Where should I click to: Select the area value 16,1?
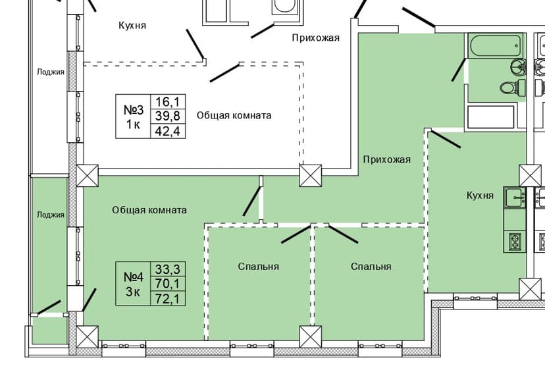167,101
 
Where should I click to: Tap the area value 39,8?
167,116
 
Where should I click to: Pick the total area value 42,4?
167,130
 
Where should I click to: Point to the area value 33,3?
167,269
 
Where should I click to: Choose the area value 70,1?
167,283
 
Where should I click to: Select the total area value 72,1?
167,298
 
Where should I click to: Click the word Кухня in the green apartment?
480,196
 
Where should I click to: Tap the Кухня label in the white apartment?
132,26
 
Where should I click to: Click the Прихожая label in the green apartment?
386,159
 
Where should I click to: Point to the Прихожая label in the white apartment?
315,38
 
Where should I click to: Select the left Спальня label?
259,267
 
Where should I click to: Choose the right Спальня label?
371,267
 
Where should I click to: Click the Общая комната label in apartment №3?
234,115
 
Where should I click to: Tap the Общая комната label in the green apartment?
149,210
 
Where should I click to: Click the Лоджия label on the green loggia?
51,215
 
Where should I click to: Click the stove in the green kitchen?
513,242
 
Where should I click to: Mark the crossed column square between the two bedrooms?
309,337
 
